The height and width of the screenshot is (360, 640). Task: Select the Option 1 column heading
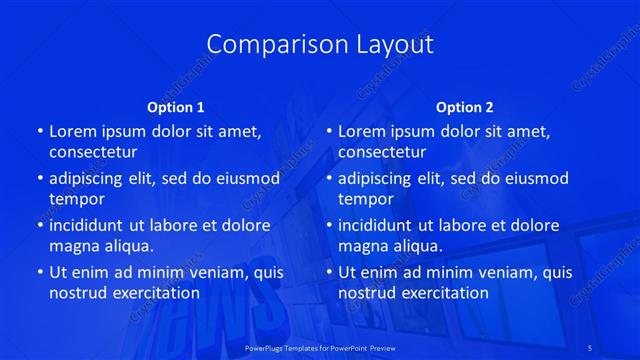tap(176, 107)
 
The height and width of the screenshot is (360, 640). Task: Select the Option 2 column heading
tap(465, 107)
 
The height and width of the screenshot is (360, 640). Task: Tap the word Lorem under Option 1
tap(71, 131)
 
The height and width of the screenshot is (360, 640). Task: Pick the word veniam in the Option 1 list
tap(213, 272)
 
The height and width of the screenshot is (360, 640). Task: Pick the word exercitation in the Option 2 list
tap(441, 293)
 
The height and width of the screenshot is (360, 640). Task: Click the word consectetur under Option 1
tap(93, 152)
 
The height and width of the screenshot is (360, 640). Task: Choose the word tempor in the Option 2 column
tap(365, 199)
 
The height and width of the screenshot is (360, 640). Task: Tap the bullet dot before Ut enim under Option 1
tap(38, 272)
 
